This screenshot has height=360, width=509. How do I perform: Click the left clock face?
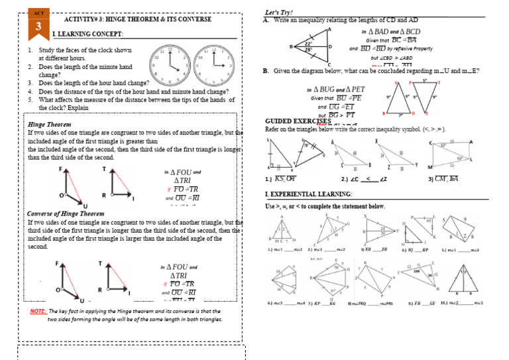(x=166, y=63)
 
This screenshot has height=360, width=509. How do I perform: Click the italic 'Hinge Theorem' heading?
(x=50, y=125)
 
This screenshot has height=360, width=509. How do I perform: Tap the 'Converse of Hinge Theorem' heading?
(x=65, y=214)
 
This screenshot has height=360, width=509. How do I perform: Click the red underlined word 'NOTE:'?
(x=38, y=311)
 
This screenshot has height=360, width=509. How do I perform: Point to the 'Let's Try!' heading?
(x=279, y=13)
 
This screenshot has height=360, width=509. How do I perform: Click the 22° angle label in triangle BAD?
(x=308, y=43)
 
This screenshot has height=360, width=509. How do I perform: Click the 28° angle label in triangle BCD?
(x=308, y=50)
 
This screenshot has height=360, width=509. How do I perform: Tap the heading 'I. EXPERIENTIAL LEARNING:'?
(x=308, y=194)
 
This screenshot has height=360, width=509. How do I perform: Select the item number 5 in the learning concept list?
(x=30, y=100)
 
